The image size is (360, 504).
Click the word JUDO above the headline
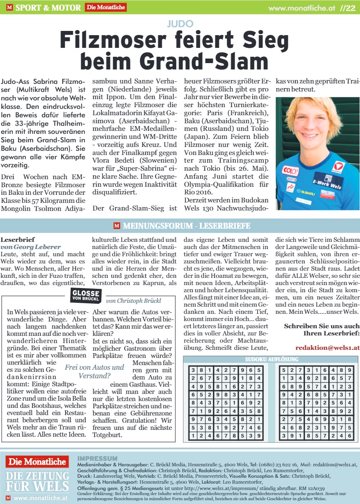coord(180,24)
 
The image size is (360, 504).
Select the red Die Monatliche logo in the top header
coord(105,7)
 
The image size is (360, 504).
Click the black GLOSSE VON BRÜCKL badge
coord(86,295)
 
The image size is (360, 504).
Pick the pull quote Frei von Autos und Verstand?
coord(94,371)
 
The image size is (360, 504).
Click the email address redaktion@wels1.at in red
coord(327,347)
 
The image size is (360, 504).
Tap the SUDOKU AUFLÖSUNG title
coord(270,360)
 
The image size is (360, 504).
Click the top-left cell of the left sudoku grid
coord(194,370)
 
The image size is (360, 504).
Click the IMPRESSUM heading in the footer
coord(97,458)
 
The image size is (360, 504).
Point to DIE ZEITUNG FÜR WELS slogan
coord(38,481)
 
